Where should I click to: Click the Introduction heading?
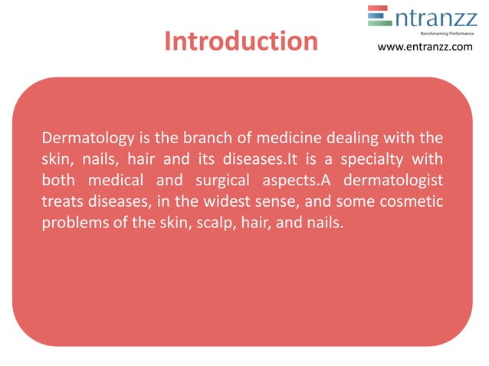point(241,41)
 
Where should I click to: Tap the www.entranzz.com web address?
point(425,48)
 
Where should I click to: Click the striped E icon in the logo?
point(378,16)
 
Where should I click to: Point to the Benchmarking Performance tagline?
point(447,33)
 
